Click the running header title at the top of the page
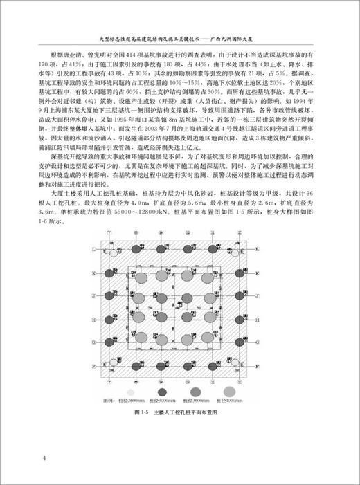click(181, 39)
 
